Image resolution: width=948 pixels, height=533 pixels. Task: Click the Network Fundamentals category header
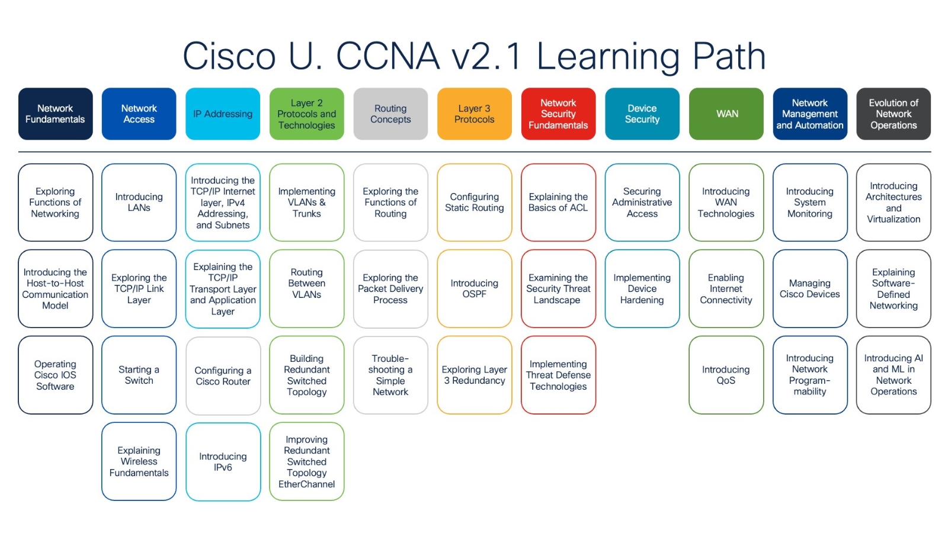coord(55,114)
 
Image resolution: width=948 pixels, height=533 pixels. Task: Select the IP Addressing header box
coord(223,114)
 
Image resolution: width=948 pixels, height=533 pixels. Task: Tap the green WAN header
coord(726,114)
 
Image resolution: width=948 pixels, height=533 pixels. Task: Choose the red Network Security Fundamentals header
coord(558,114)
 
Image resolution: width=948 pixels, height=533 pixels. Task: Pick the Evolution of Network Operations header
coord(893,114)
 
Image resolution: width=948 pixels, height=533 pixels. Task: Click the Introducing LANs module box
coord(139,202)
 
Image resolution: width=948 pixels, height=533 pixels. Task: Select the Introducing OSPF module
coord(474,288)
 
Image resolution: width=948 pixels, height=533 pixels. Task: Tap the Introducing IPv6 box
coord(223,461)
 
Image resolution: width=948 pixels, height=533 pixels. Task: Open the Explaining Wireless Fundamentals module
coord(139,461)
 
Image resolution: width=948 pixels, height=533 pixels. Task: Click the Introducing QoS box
coord(726,375)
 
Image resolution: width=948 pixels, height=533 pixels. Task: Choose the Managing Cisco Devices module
coord(810,288)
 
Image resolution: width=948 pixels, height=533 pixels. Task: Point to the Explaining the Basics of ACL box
coord(558,202)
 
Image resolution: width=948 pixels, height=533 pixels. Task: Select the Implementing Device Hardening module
coord(642,288)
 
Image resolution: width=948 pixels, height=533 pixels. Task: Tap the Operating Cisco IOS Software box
coord(55,375)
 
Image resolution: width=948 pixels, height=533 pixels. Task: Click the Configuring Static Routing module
coord(474,202)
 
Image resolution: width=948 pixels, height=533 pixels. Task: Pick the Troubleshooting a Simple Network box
coord(390,375)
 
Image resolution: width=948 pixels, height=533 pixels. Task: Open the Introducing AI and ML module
coord(893,375)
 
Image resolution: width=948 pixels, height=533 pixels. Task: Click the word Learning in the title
coord(608,57)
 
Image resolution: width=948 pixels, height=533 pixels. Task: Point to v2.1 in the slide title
coord(487,57)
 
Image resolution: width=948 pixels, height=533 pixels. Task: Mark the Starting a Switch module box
coord(139,375)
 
